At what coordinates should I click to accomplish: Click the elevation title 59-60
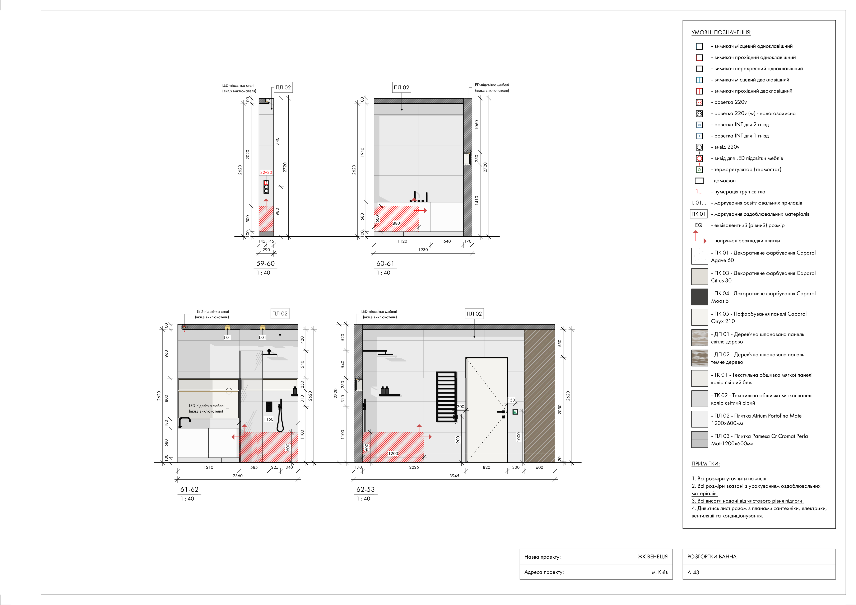(265, 264)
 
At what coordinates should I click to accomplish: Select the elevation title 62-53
(365, 489)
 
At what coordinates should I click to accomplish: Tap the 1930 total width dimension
(423, 250)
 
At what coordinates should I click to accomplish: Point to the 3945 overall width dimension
(454, 476)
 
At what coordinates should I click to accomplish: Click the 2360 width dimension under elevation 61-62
(237, 476)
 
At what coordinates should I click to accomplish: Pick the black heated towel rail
(446, 397)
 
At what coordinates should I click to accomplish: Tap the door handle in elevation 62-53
(501, 412)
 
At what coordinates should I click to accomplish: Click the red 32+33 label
(266, 173)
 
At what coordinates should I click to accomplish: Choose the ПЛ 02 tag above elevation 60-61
(401, 88)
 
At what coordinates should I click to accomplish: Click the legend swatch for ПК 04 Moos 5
(699, 297)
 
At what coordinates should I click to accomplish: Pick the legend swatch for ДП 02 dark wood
(699, 358)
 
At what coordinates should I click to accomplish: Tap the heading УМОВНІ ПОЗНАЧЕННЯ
(721, 32)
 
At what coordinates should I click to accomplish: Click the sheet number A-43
(693, 572)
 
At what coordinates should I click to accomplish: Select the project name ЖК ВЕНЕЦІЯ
(652, 557)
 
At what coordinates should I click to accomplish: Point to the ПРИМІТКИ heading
(705, 464)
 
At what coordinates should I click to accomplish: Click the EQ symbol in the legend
(699, 225)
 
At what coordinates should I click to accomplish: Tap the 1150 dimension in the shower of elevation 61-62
(268, 419)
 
